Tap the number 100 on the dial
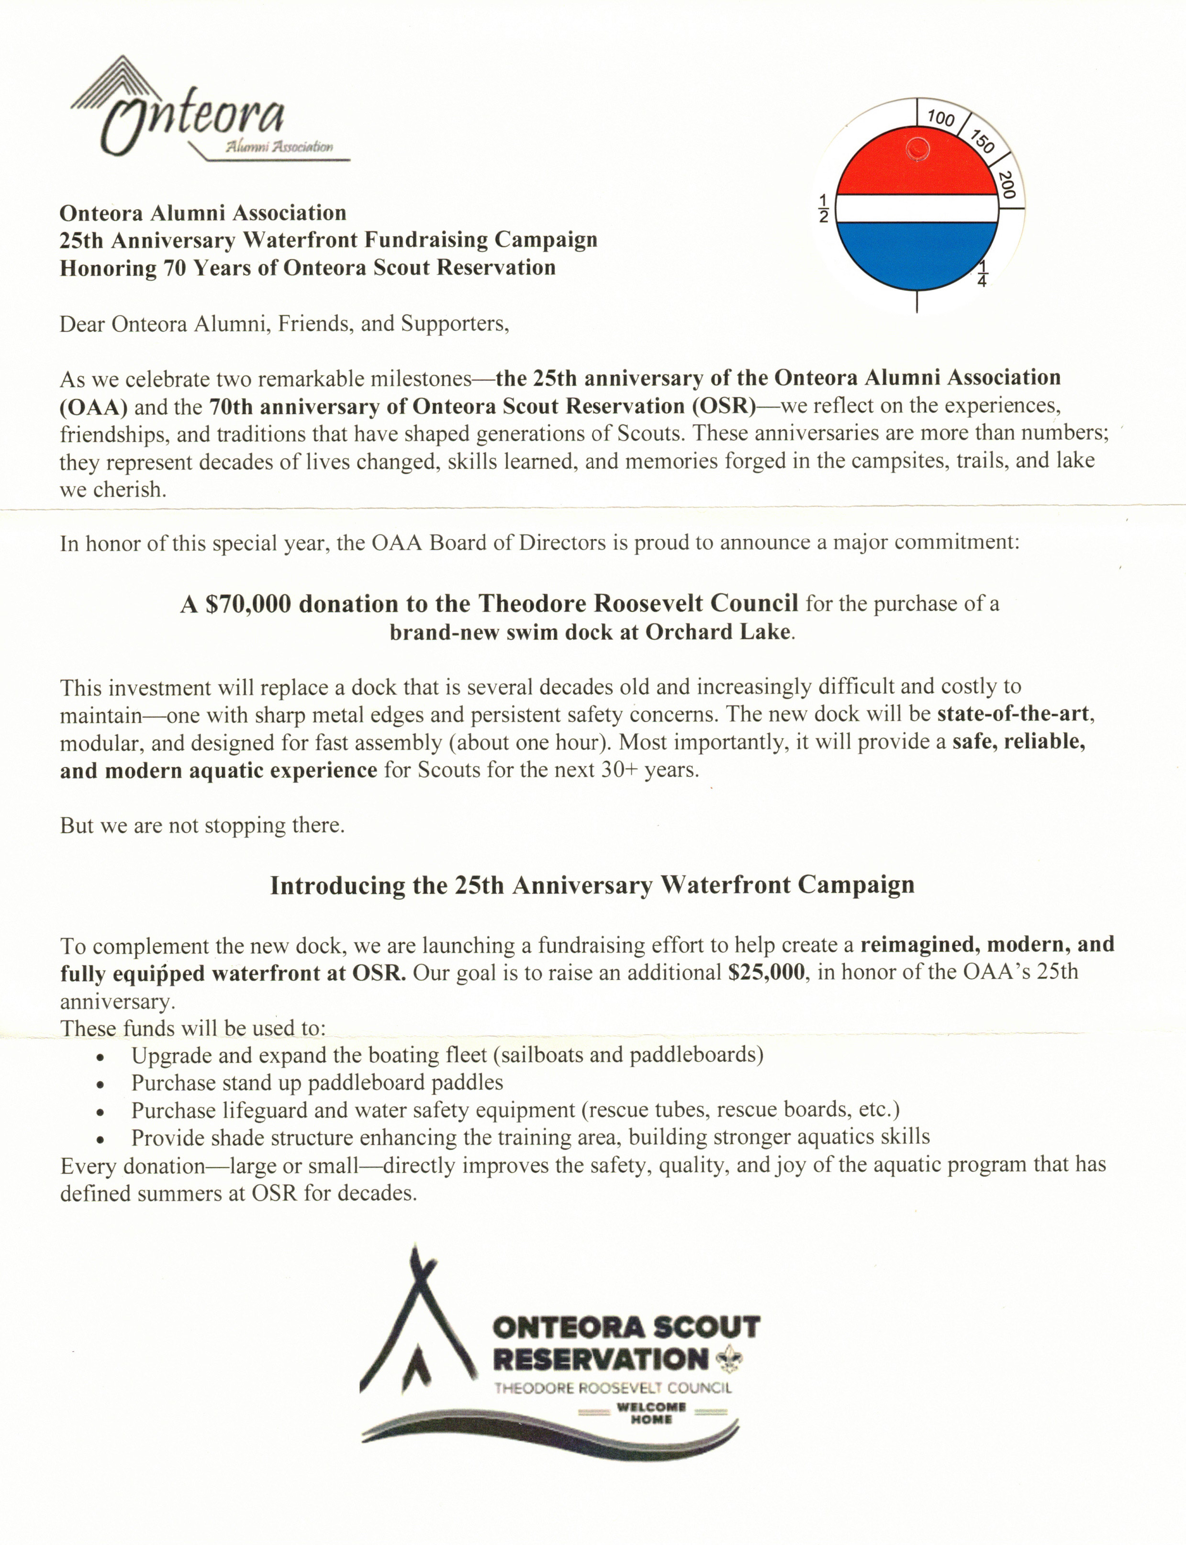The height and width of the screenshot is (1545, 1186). pos(940,117)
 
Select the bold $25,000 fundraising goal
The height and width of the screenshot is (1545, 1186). pos(766,973)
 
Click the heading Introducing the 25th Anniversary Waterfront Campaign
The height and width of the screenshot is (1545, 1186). pos(592,886)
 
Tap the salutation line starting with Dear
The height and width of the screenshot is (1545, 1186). pos(284,325)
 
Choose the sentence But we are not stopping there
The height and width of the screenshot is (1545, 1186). pos(202,826)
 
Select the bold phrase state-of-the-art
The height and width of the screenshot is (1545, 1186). pos(1012,714)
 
